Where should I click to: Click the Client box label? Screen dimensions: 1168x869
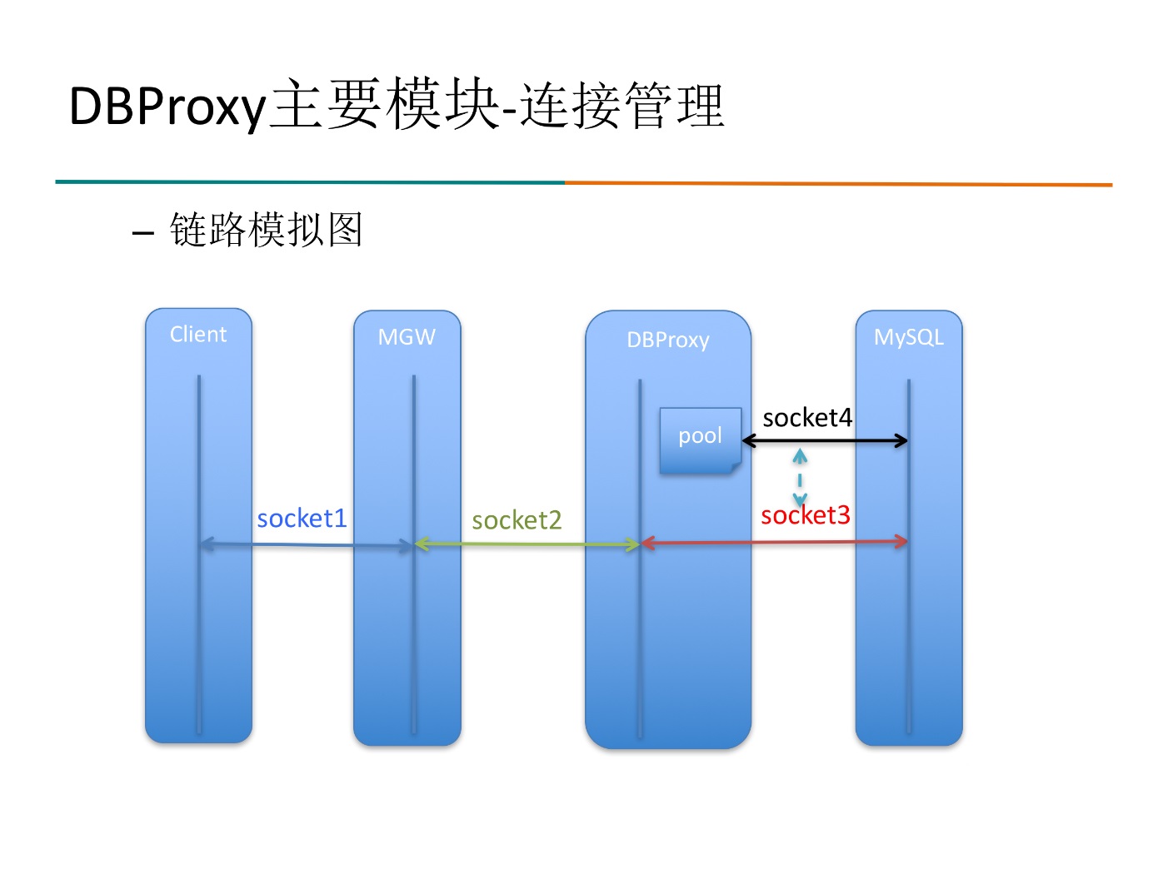click(198, 335)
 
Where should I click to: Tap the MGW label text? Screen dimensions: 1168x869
click(407, 337)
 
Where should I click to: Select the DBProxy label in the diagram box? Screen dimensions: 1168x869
click(668, 340)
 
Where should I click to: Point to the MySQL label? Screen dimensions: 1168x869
click(908, 337)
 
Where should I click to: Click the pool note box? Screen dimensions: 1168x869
click(701, 440)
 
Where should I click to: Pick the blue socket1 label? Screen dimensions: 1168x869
click(302, 519)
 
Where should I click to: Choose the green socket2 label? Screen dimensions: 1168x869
click(517, 520)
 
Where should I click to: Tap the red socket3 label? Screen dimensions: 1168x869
click(805, 514)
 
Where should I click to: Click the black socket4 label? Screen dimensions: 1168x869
click(807, 418)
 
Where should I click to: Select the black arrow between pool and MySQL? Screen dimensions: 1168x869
click(825, 440)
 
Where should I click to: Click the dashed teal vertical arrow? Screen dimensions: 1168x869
click(800, 478)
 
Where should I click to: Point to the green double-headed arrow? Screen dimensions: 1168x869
click(527, 544)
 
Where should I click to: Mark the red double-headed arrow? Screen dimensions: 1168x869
click(774, 542)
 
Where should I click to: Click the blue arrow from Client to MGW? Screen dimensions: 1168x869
click(307, 544)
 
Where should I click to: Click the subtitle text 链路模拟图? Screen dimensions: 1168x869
click(267, 230)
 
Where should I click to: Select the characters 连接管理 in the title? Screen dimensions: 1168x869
click(622, 105)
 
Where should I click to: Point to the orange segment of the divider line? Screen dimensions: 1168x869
click(838, 184)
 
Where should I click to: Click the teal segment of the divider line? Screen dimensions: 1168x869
click(310, 182)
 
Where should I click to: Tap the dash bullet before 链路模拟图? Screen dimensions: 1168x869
click(142, 231)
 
